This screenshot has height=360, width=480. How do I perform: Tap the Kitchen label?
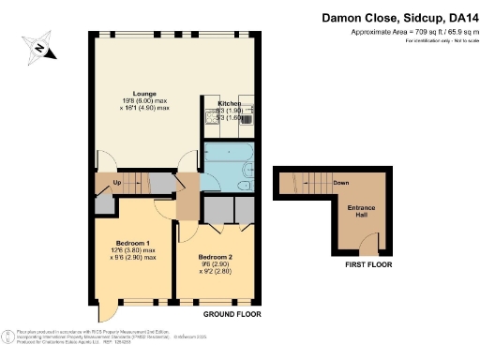click(x=230, y=104)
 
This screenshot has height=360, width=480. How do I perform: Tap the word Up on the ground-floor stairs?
click(x=116, y=183)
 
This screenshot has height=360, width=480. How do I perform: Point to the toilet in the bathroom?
click(x=246, y=186)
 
